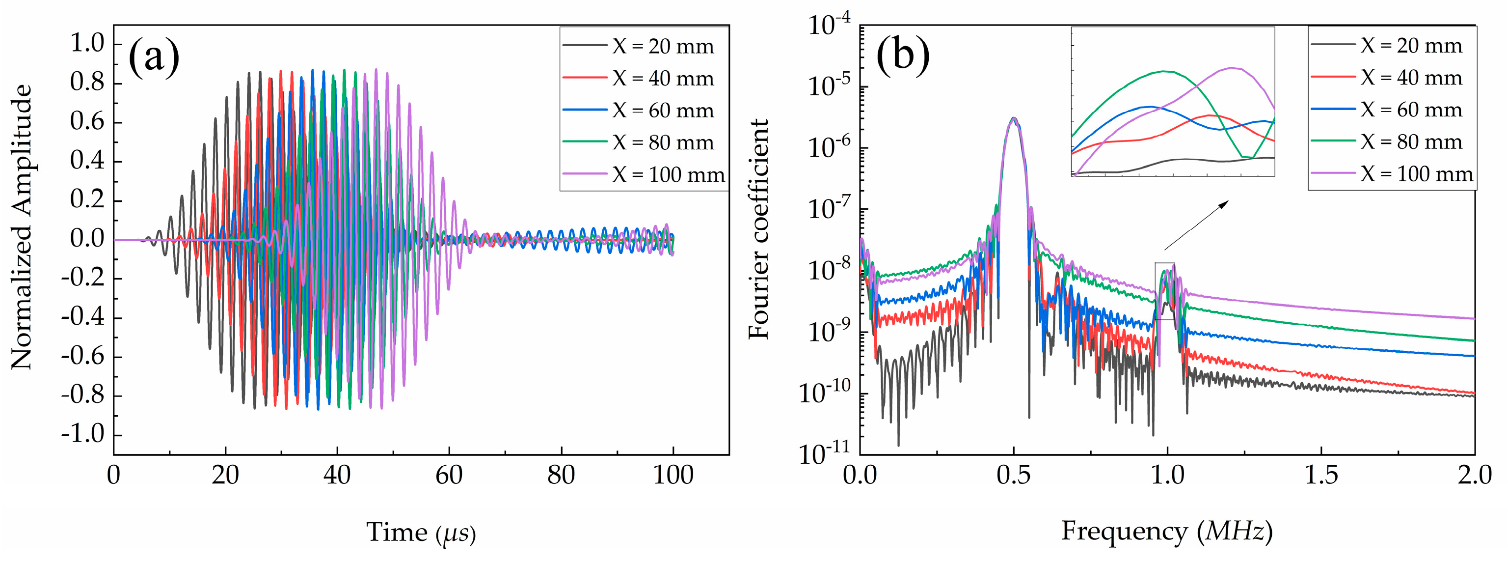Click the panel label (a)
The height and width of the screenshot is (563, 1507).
click(153, 57)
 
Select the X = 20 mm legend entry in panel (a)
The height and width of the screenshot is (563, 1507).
click(640, 46)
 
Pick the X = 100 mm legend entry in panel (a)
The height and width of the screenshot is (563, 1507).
click(643, 174)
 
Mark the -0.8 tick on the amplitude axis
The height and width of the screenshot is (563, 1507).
click(83, 395)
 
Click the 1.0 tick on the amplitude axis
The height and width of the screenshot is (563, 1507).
click(88, 43)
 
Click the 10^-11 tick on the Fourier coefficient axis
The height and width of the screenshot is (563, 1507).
click(825, 454)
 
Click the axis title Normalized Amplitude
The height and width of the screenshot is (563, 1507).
click(22, 227)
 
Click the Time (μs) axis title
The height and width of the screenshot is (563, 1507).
click(421, 533)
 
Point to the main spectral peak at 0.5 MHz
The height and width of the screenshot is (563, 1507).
click(1014, 118)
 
